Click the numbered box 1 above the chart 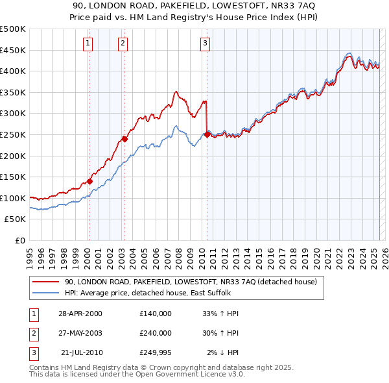pyautogui.click(x=88, y=43)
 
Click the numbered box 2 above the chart pyautogui.click(x=123, y=43)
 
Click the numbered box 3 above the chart pyautogui.click(x=205, y=43)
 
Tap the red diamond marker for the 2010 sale pyautogui.click(x=207, y=135)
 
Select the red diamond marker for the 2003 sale pyautogui.click(x=124, y=139)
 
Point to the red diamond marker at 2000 pyautogui.click(x=89, y=181)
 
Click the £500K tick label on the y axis pyautogui.click(x=13, y=29)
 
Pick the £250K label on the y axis pyautogui.click(x=13, y=134)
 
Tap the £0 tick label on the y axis pyautogui.click(x=21, y=240)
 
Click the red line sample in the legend pyautogui.click(x=45, y=282)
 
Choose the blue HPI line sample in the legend pyautogui.click(x=45, y=293)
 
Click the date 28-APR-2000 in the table pyautogui.click(x=80, y=314)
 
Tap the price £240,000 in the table pyautogui.click(x=156, y=333)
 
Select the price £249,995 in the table pyautogui.click(x=156, y=352)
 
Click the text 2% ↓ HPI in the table pyautogui.click(x=222, y=352)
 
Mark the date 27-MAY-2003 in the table pyautogui.click(x=80, y=333)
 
